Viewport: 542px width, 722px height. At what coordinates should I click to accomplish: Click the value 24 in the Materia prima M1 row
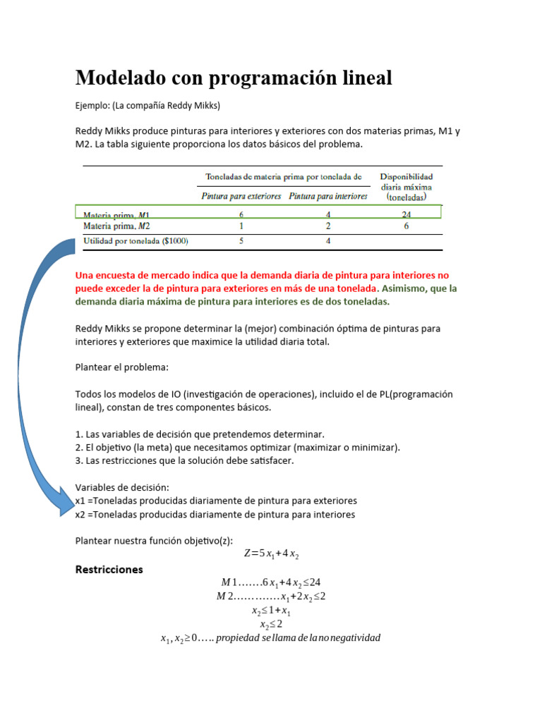(x=406, y=214)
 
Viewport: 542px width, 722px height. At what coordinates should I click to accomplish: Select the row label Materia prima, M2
(x=116, y=226)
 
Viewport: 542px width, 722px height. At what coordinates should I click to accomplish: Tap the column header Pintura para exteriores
(x=241, y=196)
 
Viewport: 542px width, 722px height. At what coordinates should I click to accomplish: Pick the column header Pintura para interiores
(x=328, y=196)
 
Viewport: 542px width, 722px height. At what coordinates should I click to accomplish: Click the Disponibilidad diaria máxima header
(x=406, y=188)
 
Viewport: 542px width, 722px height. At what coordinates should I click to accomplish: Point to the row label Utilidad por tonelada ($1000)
(x=135, y=241)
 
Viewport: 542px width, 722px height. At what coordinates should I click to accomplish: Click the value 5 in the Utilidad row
(x=242, y=241)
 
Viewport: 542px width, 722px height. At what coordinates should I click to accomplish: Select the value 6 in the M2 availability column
(x=406, y=226)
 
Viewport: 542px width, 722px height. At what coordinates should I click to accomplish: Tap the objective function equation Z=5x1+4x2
(x=272, y=554)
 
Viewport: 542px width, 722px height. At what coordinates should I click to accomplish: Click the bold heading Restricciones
(x=109, y=569)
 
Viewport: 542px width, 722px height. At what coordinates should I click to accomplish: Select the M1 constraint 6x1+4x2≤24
(x=271, y=582)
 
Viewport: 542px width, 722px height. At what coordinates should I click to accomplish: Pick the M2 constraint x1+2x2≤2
(x=271, y=596)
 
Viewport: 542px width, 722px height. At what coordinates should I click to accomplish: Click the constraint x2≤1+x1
(x=271, y=611)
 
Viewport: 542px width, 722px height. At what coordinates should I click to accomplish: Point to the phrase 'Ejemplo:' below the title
(x=92, y=106)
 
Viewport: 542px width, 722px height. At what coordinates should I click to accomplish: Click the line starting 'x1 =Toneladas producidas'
(x=216, y=501)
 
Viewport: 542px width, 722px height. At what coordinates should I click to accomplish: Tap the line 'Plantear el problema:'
(x=122, y=367)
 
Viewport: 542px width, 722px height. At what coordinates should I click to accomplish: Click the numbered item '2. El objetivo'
(x=237, y=448)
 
